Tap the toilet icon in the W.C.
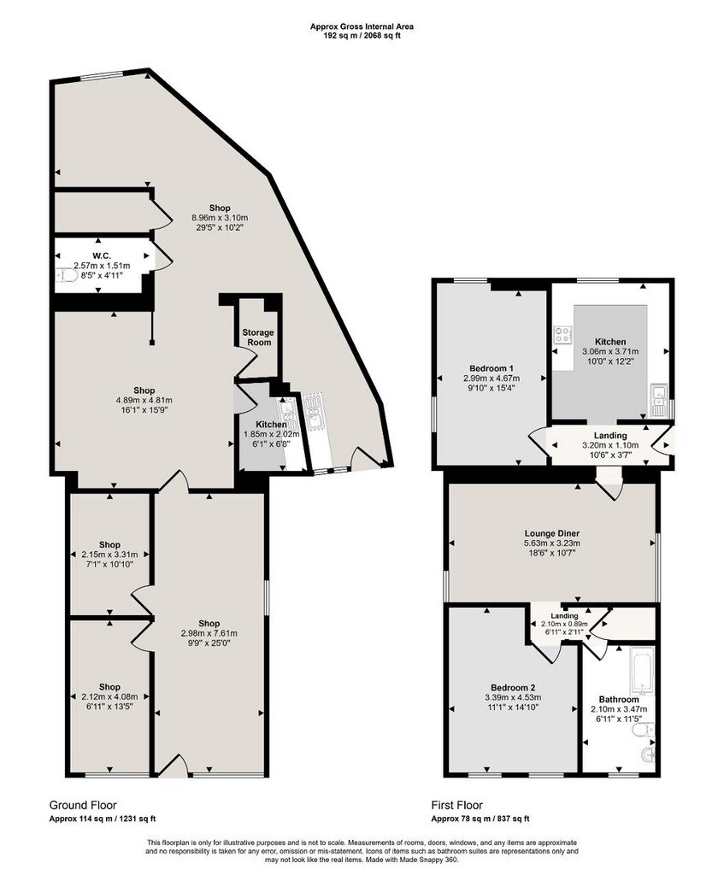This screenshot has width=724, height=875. pyautogui.click(x=65, y=275)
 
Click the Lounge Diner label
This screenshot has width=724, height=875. pyautogui.click(x=551, y=532)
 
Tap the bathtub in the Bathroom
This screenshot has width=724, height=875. pyautogui.click(x=642, y=672)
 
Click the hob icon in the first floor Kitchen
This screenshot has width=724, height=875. pyautogui.click(x=563, y=334)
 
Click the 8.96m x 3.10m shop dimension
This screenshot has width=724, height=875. pyautogui.click(x=220, y=219)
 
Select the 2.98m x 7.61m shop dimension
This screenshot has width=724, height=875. pyautogui.click(x=208, y=632)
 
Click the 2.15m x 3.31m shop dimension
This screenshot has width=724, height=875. pyautogui.click(x=109, y=555)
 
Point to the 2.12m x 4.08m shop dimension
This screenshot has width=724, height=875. pyautogui.click(x=109, y=696)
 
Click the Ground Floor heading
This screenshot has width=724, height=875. pyautogui.click(x=83, y=805)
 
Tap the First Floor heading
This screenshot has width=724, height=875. pyautogui.click(x=457, y=805)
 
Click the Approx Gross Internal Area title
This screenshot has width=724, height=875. pyautogui.click(x=362, y=26)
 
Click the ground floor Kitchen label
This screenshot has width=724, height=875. pyautogui.click(x=271, y=425)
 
